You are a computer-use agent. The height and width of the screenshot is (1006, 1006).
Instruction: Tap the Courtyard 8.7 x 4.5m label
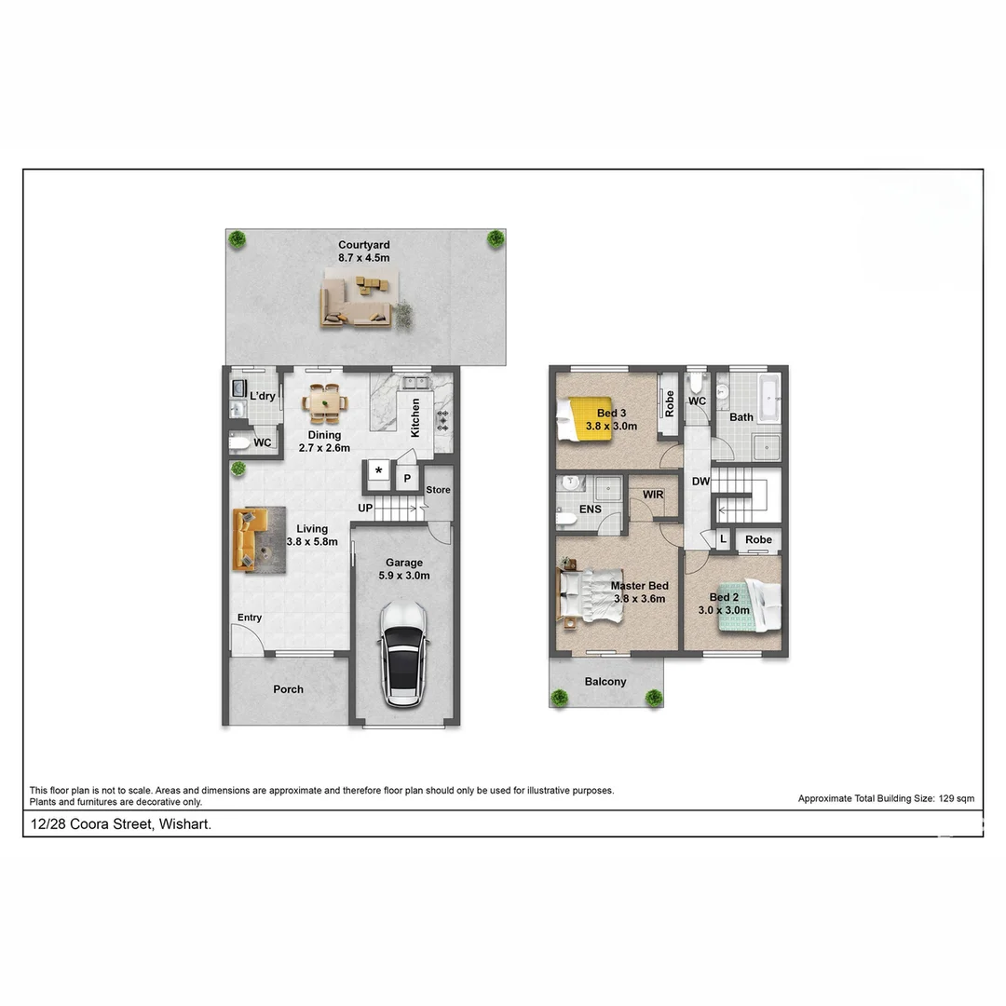coord(363,251)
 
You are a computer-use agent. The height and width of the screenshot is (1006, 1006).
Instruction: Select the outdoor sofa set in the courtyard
coord(359,299)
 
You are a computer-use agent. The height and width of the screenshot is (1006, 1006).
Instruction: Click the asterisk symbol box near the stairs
coord(378,471)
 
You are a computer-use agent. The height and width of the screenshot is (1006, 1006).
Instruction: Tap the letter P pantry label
coord(407,479)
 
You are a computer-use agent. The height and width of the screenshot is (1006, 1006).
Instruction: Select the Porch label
coord(288,689)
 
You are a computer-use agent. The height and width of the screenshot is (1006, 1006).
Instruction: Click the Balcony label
coord(605,682)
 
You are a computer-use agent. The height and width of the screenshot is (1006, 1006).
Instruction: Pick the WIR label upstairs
coord(653,494)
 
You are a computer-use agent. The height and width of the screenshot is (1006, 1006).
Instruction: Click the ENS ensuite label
coord(590,510)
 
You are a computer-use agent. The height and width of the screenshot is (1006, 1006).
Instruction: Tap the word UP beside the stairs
coord(366,508)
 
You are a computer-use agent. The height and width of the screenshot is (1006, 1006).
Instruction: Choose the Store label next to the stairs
coord(438,490)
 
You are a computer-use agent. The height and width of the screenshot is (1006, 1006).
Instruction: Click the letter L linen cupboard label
coord(723,539)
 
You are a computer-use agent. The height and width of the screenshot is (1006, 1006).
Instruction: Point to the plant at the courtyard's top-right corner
coord(495,238)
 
